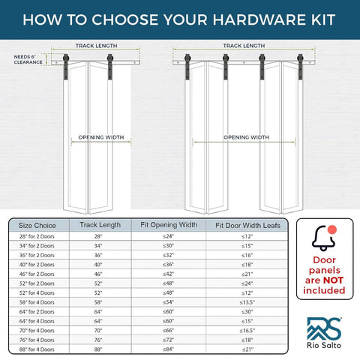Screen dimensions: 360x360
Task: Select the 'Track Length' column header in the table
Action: tap(100, 224)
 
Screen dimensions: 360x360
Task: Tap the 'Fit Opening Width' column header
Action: tap(169, 224)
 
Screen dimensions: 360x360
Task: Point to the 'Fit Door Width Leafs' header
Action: tap(247, 224)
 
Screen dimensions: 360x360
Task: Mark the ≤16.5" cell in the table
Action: tap(247, 329)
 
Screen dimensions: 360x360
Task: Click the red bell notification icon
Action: tap(325, 238)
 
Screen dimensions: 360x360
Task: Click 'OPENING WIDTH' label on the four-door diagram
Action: tap(245, 137)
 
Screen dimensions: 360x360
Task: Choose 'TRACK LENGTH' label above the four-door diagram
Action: tap(243, 46)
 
